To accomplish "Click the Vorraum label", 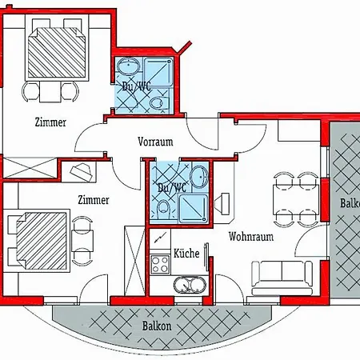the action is point(155,142).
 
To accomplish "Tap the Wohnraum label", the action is point(251,237).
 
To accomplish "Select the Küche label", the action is point(186,253).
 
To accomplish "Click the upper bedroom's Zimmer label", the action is point(50,122).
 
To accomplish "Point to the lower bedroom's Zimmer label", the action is point(94,200).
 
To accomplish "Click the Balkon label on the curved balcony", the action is point(157,326).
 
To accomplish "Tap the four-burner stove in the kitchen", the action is point(160,264).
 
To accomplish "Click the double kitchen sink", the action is point(190,285).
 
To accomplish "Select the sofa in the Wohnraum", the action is point(282,278).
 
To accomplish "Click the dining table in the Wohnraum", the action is point(296,199).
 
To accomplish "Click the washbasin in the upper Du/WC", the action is point(129,66).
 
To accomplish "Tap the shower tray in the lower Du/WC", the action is point(193,209).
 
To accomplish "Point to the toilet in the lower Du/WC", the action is point(164,209).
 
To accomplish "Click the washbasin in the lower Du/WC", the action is point(200,177).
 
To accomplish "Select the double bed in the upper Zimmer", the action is point(57,53).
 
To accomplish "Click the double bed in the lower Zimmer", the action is point(42,241).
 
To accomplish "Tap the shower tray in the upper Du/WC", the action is point(158,72).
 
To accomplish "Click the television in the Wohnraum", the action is point(222,204).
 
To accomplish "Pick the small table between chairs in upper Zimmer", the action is point(50,91).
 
